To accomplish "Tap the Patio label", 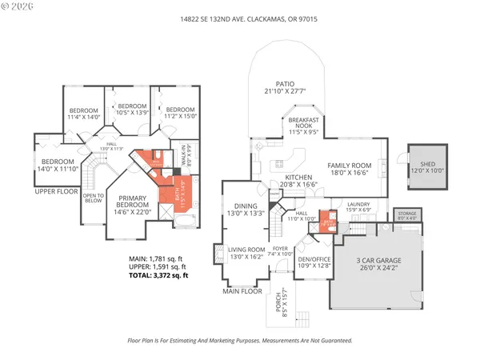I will (x=286, y=87).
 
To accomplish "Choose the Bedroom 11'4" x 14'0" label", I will (x=83, y=114).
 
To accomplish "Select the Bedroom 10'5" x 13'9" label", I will (x=133, y=110).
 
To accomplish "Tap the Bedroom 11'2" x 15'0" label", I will (x=180, y=113).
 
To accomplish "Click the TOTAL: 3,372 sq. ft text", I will (x=158, y=275).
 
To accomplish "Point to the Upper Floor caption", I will (x=55, y=192).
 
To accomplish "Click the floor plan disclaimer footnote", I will (x=240, y=340).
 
